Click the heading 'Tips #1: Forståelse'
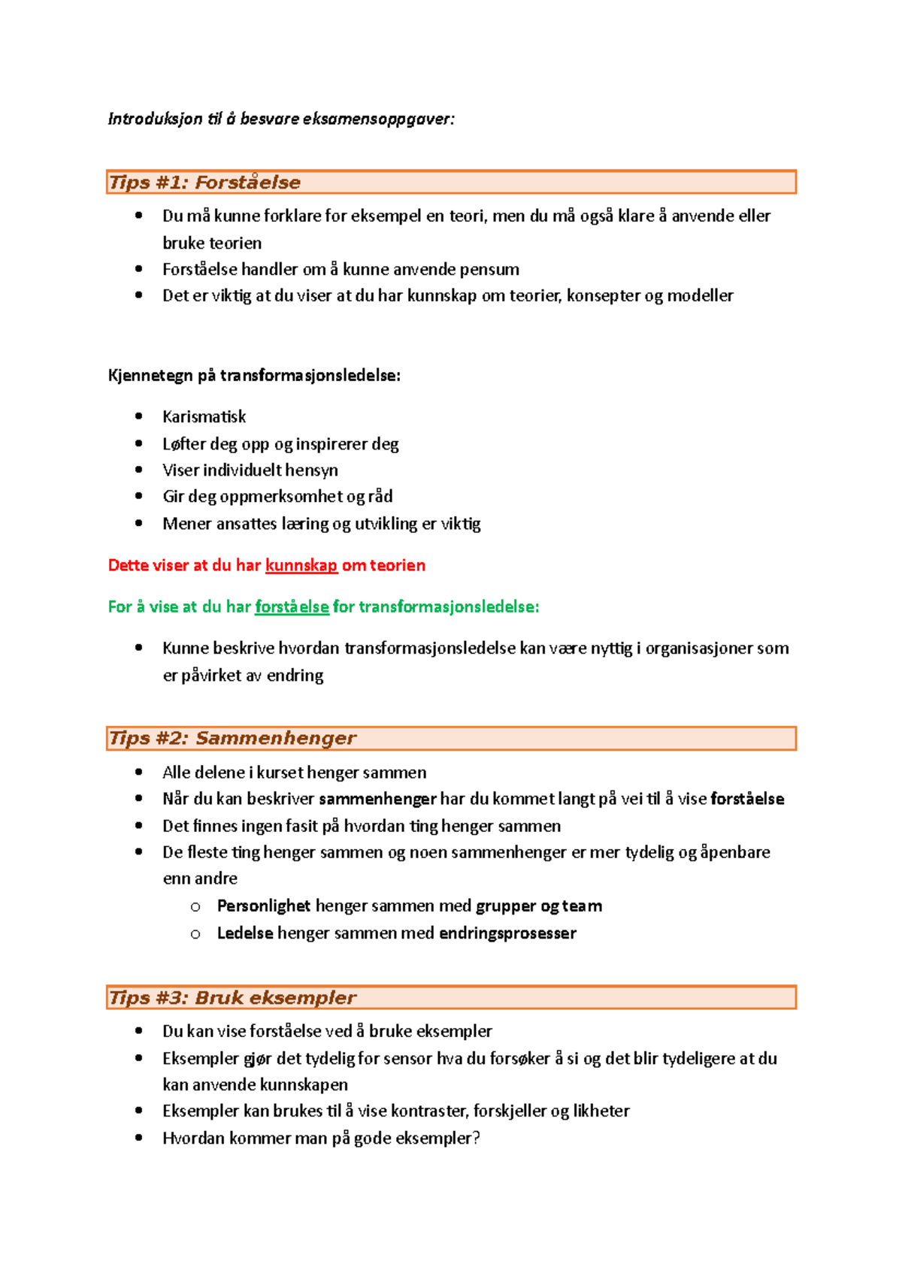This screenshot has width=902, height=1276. [204, 183]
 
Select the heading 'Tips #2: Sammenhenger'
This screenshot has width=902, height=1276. [232, 738]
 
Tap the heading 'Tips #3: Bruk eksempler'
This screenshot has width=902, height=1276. [232, 998]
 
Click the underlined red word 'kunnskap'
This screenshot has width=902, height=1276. [301, 565]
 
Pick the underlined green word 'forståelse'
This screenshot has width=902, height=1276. [292, 606]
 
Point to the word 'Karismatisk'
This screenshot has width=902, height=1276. [204, 416]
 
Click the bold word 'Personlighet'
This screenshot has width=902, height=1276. [263, 906]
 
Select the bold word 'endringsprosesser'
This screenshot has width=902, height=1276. [507, 933]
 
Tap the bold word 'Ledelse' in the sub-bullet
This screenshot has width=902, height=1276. [244, 933]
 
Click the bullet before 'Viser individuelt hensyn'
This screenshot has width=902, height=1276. [138, 470]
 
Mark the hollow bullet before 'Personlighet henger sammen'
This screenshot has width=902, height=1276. [195, 907]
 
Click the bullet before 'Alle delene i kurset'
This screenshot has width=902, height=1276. [138, 772]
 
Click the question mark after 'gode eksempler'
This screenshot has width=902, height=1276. [476, 1138]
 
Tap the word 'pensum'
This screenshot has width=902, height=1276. [489, 269]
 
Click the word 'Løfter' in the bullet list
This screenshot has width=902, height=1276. [184, 443]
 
